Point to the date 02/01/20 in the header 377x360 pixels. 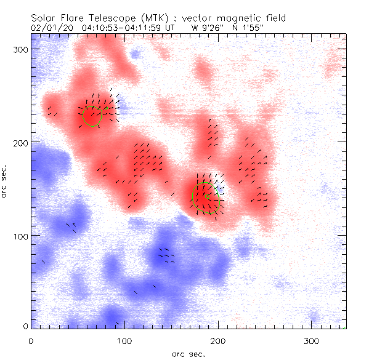pos(50,28)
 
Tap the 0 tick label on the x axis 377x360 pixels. pos(31,340)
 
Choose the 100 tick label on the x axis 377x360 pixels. pos(124,340)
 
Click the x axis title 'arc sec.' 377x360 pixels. pos(188,354)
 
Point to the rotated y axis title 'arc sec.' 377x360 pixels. pos(7,182)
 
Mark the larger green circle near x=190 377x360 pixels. pos(206,198)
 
